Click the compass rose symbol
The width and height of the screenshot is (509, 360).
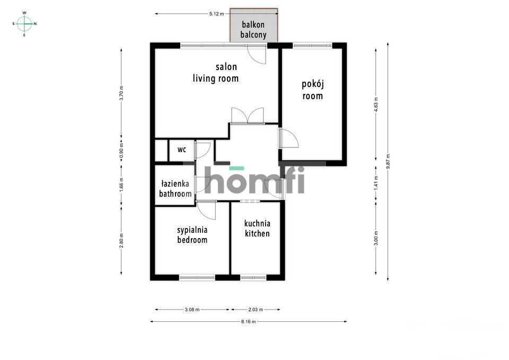(x=24, y=23)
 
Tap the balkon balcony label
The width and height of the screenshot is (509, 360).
(x=253, y=30)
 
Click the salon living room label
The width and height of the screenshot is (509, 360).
(x=216, y=73)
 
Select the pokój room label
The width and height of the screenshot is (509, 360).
(x=313, y=90)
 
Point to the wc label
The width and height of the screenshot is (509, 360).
(x=182, y=150)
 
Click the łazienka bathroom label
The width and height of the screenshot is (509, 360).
(x=175, y=189)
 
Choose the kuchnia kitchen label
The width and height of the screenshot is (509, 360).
(x=257, y=229)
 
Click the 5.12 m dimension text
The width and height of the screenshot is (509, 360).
(x=217, y=14)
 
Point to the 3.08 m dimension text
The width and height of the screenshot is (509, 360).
(x=192, y=309)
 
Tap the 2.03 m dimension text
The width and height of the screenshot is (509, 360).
(x=256, y=309)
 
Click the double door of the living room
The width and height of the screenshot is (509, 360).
(x=247, y=116)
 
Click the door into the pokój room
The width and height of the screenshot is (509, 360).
(x=289, y=139)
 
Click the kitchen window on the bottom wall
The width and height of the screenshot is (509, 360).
(x=253, y=277)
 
